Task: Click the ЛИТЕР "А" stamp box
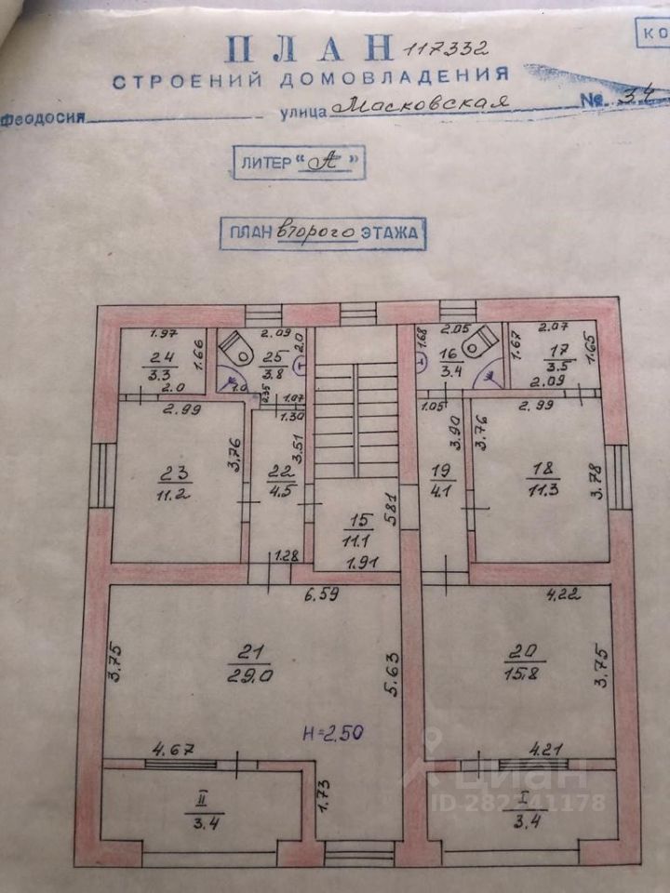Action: pos(297,162)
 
